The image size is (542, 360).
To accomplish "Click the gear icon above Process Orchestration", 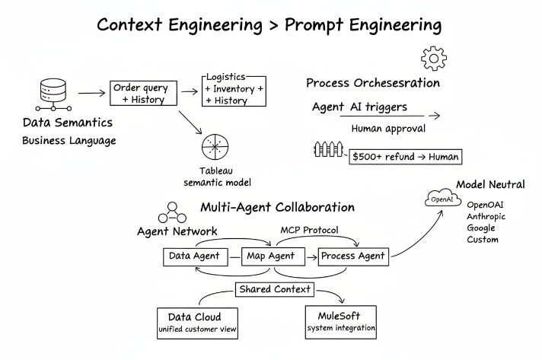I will point(433,59).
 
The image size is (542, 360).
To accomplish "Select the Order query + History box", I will point(144,93).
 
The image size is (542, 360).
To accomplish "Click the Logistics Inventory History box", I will point(234,90).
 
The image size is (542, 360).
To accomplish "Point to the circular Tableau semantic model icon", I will point(215,147).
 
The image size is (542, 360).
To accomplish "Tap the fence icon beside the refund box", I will point(329,151).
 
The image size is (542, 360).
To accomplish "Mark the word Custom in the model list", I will point(483,239).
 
